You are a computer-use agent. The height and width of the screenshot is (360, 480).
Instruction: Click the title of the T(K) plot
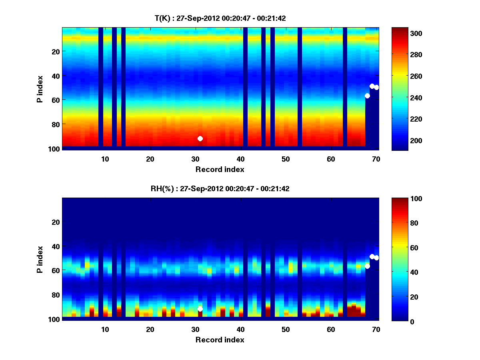click(220, 18)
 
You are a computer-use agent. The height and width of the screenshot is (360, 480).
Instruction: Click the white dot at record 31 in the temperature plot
click(200, 138)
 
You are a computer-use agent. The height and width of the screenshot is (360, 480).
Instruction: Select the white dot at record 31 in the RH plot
click(200, 309)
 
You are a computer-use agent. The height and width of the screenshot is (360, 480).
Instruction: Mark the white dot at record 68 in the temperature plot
click(367, 96)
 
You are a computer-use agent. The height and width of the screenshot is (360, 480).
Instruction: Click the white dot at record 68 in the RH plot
click(367, 266)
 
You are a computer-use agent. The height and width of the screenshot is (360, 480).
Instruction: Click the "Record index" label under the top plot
click(220, 169)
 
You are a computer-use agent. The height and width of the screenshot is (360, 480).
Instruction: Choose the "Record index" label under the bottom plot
click(220, 340)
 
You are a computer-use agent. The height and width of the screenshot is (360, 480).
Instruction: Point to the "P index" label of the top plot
click(40, 89)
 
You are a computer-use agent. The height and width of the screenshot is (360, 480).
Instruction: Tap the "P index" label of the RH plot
click(40, 259)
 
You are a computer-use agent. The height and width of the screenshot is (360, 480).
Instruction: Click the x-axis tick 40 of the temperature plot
click(240, 159)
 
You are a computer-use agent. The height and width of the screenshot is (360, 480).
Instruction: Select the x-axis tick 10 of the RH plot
click(105, 329)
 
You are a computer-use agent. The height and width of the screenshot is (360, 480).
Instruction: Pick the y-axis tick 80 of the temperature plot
click(55, 124)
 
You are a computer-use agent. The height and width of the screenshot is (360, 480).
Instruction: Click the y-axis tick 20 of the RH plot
click(55, 222)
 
